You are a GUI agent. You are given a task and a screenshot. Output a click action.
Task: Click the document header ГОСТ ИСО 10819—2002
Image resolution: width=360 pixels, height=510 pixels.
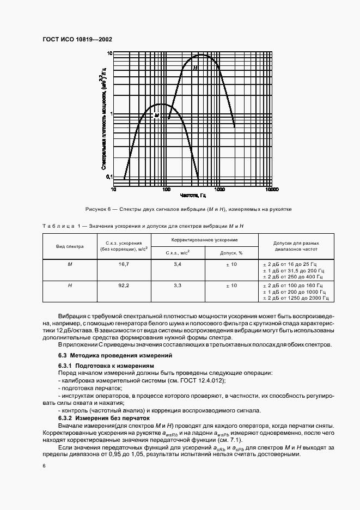click(77, 40)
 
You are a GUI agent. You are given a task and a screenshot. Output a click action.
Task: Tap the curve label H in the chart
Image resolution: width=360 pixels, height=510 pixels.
click(194, 68)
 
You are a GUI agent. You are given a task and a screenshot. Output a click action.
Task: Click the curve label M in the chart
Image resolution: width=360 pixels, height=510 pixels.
click(156, 115)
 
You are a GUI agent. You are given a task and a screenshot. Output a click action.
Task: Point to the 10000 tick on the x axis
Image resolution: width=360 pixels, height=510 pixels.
click(272, 190)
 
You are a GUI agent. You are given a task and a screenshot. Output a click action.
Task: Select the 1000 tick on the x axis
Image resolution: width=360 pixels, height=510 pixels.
click(219, 190)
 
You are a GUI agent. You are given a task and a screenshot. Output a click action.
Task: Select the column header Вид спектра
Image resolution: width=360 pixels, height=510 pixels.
click(70, 246)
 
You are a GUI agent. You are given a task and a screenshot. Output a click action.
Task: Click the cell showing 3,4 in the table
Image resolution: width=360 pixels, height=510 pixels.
click(178, 264)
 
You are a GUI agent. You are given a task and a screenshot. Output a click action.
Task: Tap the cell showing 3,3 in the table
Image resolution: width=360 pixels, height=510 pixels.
click(178, 285)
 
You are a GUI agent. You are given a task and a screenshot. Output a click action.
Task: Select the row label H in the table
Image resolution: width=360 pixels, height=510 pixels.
click(70, 285)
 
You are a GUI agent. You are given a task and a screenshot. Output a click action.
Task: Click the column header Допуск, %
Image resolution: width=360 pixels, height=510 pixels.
click(231, 253)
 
